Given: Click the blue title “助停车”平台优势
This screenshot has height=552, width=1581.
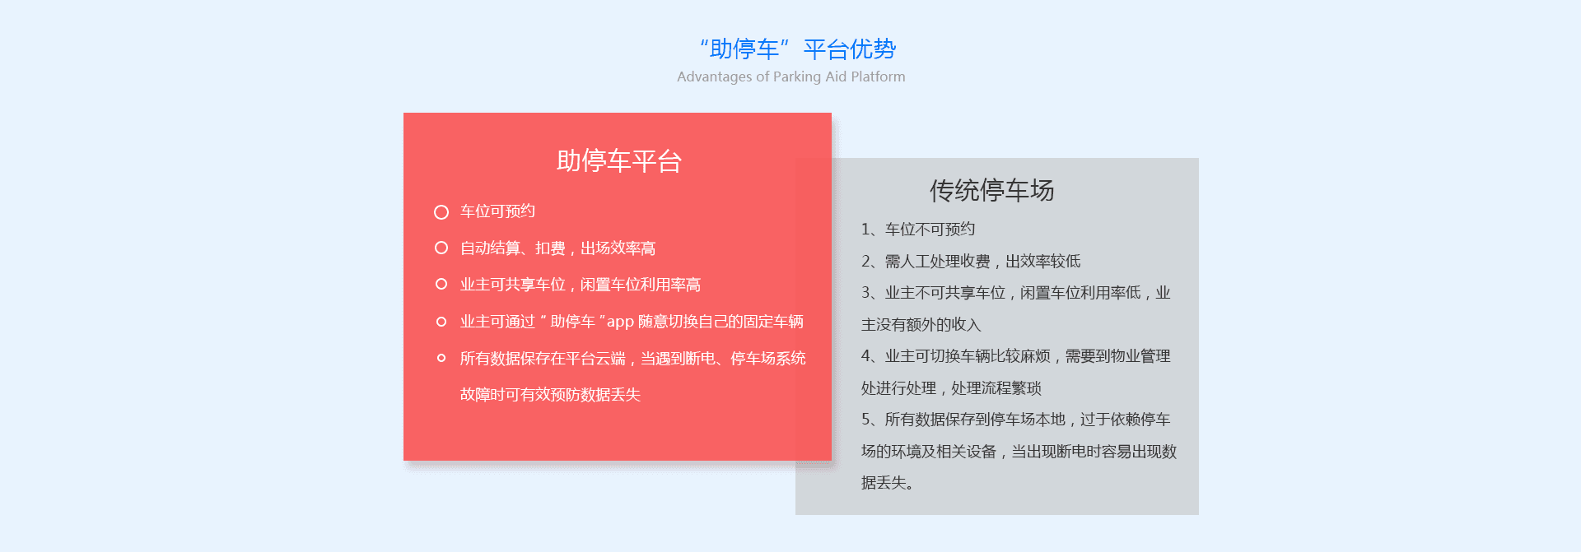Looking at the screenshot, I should [x=797, y=49].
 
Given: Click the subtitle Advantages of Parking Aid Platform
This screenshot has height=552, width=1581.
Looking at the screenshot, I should [x=790, y=77].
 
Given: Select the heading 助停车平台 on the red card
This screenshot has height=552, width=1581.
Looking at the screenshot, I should [x=619, y=161].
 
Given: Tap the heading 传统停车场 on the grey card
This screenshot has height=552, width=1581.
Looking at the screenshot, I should [x=991, y=191].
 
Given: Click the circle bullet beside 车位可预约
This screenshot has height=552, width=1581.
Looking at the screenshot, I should [x=441, y=212].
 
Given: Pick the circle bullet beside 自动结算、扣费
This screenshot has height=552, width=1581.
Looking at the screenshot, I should [x=441, y=248].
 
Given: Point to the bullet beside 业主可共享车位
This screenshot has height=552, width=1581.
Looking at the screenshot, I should [x=441, y=284].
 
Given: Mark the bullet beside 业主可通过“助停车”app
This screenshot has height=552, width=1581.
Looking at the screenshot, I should [x=441, y=322].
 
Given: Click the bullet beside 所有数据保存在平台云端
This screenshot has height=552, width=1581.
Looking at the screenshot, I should [x=441, y=358].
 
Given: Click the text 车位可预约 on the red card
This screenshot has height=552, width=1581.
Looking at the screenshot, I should [x=497, y=211].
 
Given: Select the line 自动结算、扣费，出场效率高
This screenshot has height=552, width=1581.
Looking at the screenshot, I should [x=557, y=248].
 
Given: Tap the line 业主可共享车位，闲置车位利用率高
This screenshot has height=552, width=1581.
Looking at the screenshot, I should [x=580, y=285].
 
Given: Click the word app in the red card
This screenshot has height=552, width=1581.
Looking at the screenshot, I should [x=620, y=322].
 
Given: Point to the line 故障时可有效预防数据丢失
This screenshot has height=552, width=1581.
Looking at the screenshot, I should [x=550, y=395].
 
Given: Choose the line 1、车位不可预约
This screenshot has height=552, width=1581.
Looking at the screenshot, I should [x=918, y=230].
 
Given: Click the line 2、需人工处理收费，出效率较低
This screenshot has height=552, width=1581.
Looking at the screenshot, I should [x=971, y=262].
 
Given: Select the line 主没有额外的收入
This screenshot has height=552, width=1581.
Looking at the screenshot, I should [x=921, y=325].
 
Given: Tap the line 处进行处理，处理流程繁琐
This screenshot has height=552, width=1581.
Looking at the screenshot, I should [x=951, y=388].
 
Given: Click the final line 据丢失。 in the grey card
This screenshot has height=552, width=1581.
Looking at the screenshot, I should [x=887, y=483].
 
